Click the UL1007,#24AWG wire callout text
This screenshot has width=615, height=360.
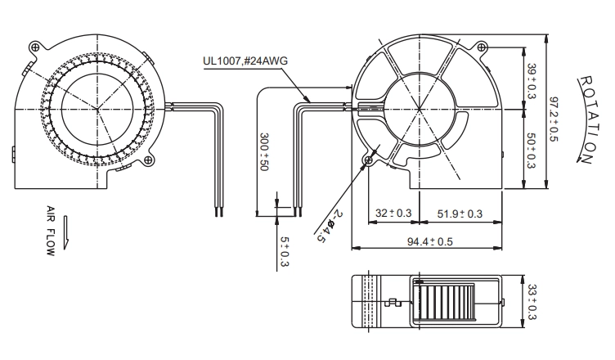245,61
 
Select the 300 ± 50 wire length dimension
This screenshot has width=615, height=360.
264,151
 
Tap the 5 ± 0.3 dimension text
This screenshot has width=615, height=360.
285,252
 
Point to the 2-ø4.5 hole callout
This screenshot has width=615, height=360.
328,226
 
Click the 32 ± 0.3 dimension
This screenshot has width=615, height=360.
393,214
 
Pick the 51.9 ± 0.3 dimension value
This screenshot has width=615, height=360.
460,214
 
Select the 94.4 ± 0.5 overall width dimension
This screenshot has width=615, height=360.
430,241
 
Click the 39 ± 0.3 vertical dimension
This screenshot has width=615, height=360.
532,81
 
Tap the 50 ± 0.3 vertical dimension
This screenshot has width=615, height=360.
532,151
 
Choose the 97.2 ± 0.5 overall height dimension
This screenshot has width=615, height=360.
554,119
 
